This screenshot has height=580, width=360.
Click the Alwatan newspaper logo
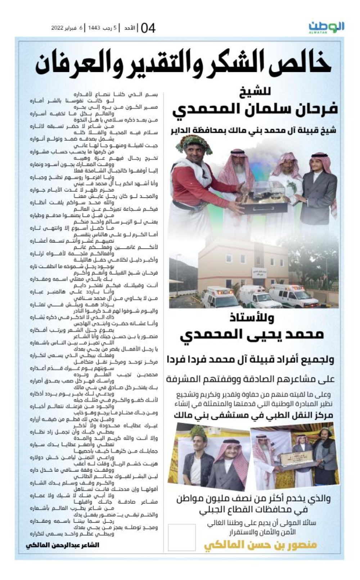(326, 27)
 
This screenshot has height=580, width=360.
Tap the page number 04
(148, 28)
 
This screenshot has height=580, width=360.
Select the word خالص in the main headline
(301, 63)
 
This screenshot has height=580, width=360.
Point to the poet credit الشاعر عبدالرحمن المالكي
(63, 545)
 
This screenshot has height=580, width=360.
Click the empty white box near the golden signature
(182, 538)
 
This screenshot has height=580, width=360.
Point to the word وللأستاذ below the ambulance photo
(252, 318)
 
